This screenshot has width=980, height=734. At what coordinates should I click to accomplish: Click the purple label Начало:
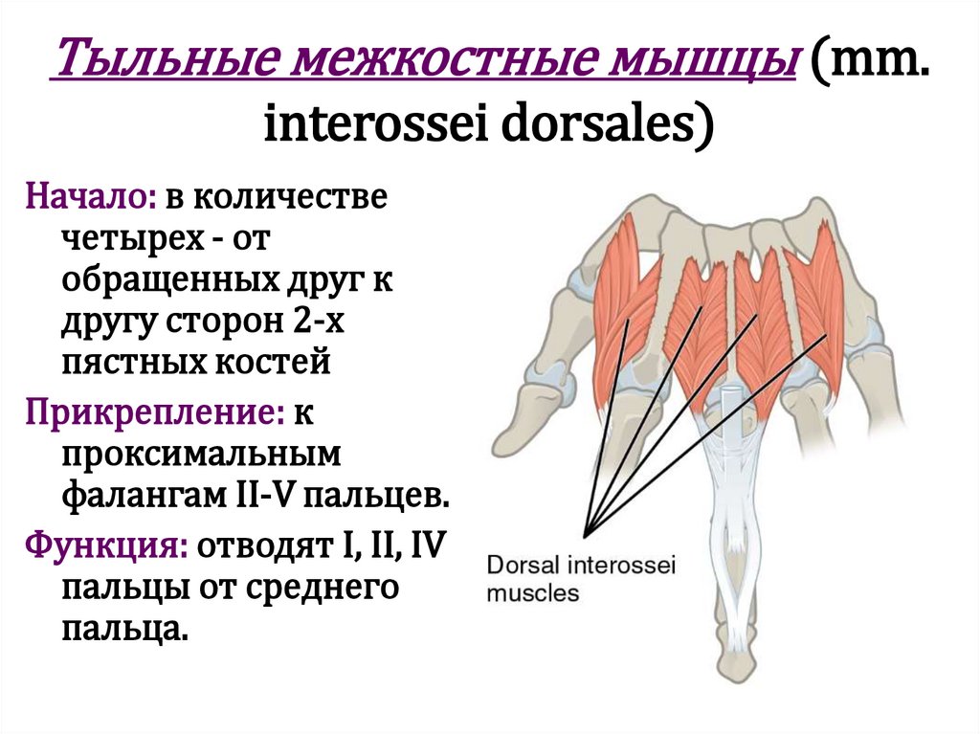pyautogui.click(x=92, y=198)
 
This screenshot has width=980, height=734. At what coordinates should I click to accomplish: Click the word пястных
pyautogui.click(x=124, y=363)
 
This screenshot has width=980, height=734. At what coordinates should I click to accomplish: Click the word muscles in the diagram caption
pyautogui.click(x=534, y=593)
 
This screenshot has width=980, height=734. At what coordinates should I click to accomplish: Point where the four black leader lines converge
pyautogui.click(x=587, y=532)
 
